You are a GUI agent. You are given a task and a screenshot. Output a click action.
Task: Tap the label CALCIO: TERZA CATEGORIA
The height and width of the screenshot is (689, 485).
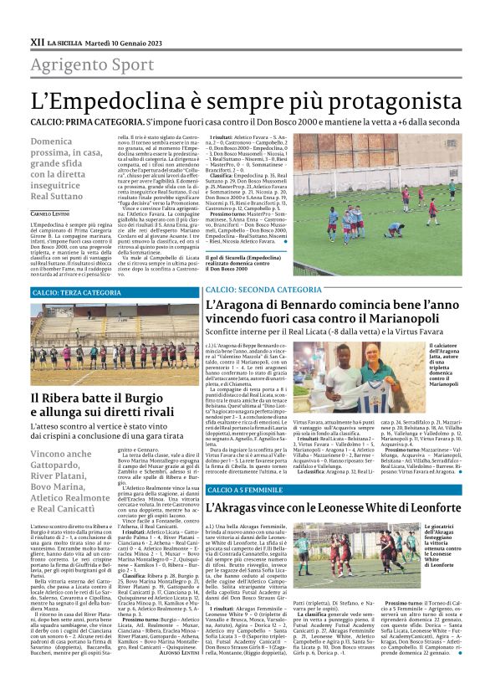coord(76,293)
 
